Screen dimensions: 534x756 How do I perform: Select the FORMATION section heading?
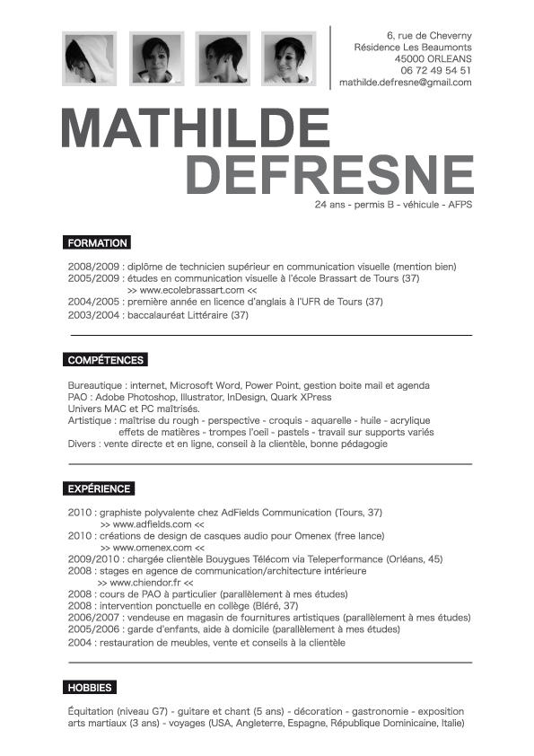coord(98,242)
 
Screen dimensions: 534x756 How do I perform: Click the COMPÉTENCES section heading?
coord(106,360)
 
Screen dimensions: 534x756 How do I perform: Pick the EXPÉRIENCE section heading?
coord(100,488)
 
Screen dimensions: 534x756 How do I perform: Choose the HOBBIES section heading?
coord(90,688)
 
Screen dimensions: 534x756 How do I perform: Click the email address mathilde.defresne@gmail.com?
coord(406,82)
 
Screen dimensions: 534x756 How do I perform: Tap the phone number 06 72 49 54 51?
coord(436,70)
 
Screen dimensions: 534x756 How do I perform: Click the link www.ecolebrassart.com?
coord(192,291)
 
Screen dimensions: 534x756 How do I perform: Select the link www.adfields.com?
coord(152,523)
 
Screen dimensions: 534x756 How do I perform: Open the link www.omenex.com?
coord(152,547)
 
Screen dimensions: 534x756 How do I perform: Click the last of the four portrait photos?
coord(294,58)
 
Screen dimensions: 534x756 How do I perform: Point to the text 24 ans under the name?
coord(329,205)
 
